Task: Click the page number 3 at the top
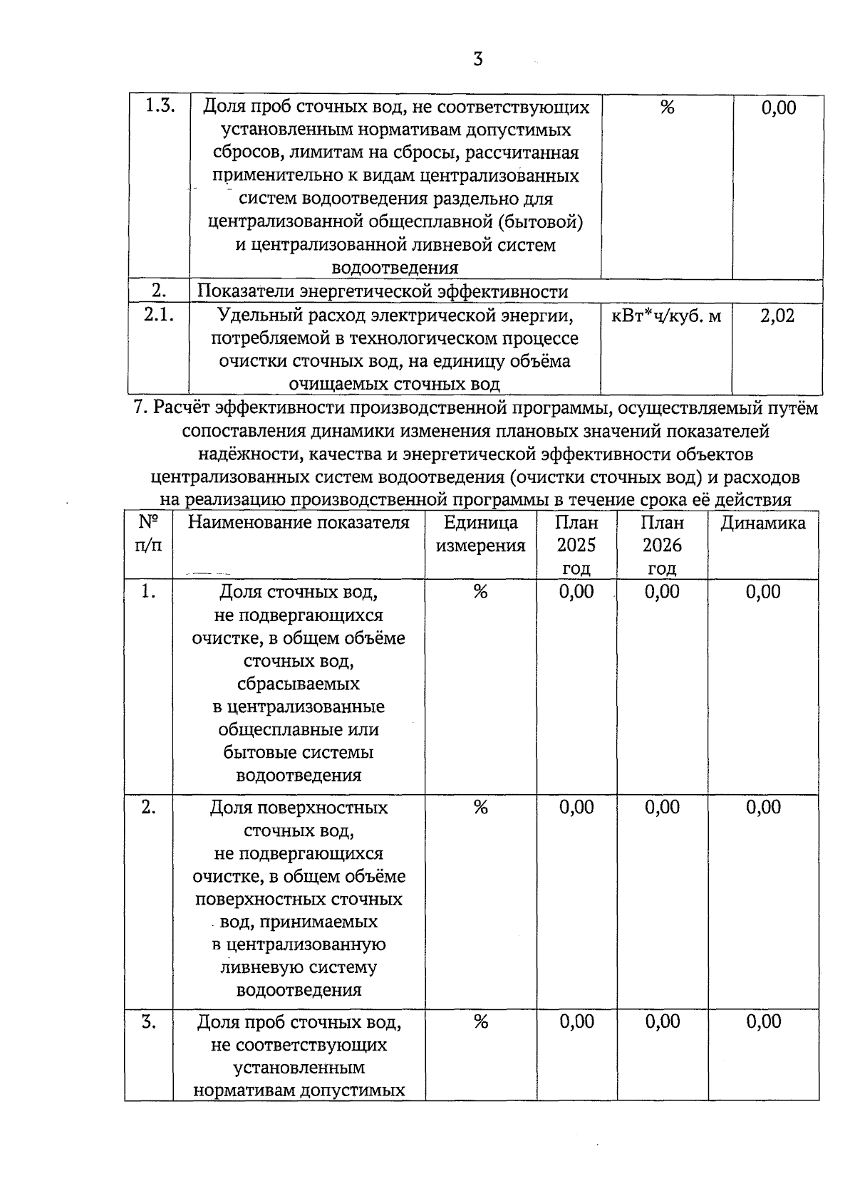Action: (x=477, y=59)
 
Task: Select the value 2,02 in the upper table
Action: (x=777, y=316)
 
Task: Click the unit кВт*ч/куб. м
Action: (x=666, y=316)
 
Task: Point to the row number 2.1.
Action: (x=159, y=314)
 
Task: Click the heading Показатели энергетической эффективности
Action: (x=383, y=291)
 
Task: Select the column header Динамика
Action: (x=763, y=524)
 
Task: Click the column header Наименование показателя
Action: (x=299, y=523)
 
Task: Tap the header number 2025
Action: (x=576, y=546)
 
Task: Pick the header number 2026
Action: (x=662, y=546)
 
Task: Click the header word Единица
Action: (x=480, y=523)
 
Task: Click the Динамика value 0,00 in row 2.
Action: (x=763, y=807)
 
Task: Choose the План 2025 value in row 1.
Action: (x=576, y=592)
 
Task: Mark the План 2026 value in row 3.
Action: (x=662, y=1022)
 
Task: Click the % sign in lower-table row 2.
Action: (x=480, y=807)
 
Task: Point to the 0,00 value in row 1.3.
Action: (x=778, y=108)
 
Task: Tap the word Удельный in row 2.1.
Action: (x=253, y=316)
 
